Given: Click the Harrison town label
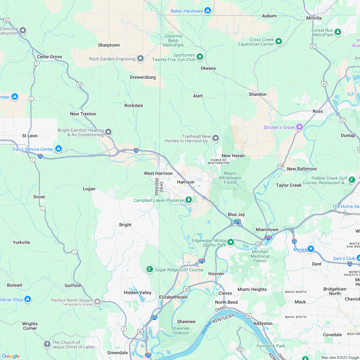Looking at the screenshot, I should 185,182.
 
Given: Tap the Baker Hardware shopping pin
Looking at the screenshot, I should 208,11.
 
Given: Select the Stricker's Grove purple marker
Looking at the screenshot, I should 300,127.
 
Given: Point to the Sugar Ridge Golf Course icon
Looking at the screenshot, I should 149,269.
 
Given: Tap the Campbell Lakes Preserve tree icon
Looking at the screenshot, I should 189,200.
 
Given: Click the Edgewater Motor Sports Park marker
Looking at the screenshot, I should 230,242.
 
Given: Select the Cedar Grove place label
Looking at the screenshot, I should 49,57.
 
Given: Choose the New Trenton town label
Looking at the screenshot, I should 83,114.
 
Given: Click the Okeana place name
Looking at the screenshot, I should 208,68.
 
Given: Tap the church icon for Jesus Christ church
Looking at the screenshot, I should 47,344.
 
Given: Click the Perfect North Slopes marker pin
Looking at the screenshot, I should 97,302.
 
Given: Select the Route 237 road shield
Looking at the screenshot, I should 240,349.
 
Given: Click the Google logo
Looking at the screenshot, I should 11,356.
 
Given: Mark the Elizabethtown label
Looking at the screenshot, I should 173,297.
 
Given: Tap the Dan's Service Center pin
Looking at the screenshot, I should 59,149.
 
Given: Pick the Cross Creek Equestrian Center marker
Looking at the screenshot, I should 279,41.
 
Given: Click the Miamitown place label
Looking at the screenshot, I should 267,230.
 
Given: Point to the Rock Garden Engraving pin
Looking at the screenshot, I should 140,59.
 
